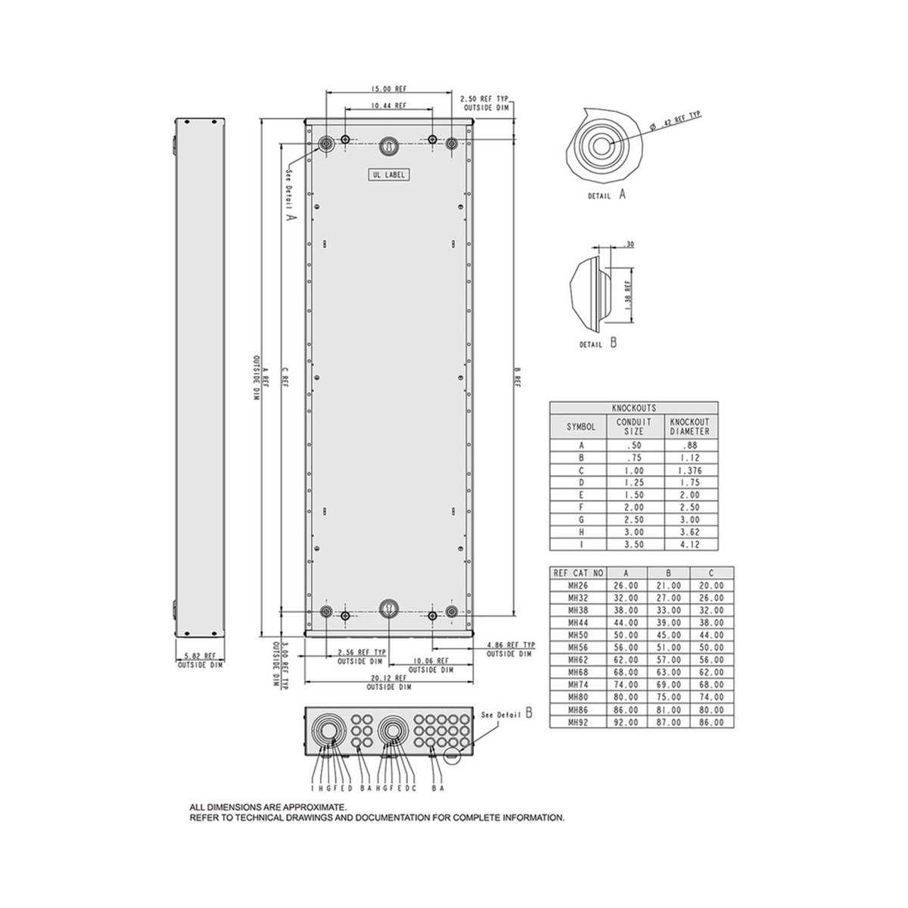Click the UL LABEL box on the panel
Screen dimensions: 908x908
(x=388, y=175)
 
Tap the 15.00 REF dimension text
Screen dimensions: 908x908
(x=389, y=89)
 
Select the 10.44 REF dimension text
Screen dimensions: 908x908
(x=389, y=106)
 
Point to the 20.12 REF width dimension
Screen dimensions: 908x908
(x=389, y=678)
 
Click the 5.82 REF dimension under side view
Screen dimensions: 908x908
(x=201, y=656)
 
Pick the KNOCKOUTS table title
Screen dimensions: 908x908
(x=634, y=408)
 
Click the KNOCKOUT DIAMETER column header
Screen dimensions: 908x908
(x=690, y=427)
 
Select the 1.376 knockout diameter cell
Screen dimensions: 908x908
(x=690, y=470)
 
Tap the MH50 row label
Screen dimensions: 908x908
(x=578, y=635)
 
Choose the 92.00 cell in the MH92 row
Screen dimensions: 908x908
(x=626, y=723)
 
